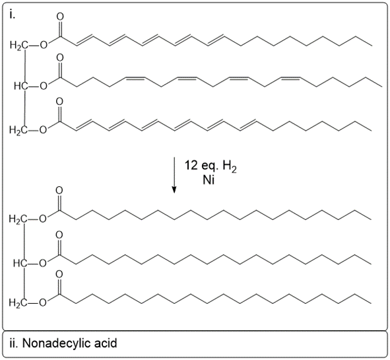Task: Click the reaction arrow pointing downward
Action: (x=174, y=175)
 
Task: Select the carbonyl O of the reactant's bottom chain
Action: (x=59, y=102)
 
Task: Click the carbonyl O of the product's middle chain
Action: (x=59, y=234)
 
